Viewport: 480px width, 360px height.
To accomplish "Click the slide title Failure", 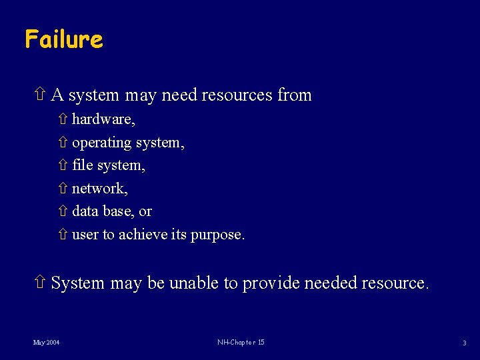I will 64,39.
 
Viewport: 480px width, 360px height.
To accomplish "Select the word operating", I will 101,143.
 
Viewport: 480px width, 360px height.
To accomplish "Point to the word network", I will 98,189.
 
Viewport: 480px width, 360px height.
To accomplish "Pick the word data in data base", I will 85,211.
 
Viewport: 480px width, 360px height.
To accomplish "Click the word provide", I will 271,283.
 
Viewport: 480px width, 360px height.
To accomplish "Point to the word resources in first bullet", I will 238,95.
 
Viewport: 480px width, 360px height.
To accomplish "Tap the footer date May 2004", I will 47,343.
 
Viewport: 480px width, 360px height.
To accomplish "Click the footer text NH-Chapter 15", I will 241,343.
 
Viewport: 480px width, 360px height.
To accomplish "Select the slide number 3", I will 465,343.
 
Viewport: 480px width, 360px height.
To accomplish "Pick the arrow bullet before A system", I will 39,95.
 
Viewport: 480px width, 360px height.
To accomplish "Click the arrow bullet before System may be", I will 39,283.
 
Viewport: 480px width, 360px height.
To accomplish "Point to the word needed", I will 330,283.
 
